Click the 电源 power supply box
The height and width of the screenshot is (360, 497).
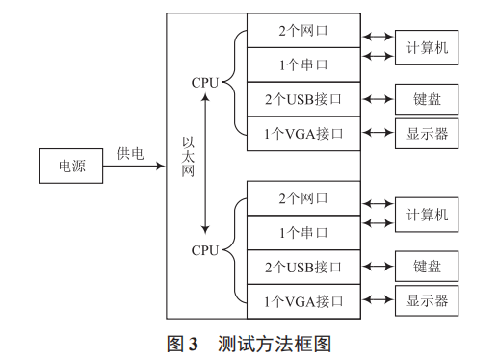[x=72, y=166]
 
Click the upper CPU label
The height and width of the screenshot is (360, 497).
[x=205, y=83]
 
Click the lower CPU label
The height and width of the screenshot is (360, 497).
[x=205, y=250]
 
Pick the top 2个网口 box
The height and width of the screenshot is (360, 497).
[x=303, y=31]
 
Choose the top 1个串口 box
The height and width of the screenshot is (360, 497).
[x=303, y=64]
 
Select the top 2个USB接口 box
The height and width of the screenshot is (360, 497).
[x=303, y=98]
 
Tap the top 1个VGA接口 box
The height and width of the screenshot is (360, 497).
[x=303, y=132]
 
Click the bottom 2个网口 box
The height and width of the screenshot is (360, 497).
[x=303, y=198]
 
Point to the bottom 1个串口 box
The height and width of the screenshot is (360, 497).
[x=303, y=232]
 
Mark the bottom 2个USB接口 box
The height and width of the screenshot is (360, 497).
[x=303, y=267]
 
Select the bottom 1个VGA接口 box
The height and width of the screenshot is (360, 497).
[x=303, y=300]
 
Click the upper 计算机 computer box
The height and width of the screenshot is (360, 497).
[x=427, y=47]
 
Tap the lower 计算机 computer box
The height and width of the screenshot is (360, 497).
[x=427, y=215]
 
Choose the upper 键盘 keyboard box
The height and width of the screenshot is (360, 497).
[x=427, y=98]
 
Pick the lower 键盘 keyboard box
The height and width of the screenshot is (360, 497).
[x=427, y=267]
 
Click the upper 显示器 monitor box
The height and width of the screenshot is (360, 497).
[x=427, y=132]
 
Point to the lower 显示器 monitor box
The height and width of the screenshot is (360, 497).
[x=427, y=300]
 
